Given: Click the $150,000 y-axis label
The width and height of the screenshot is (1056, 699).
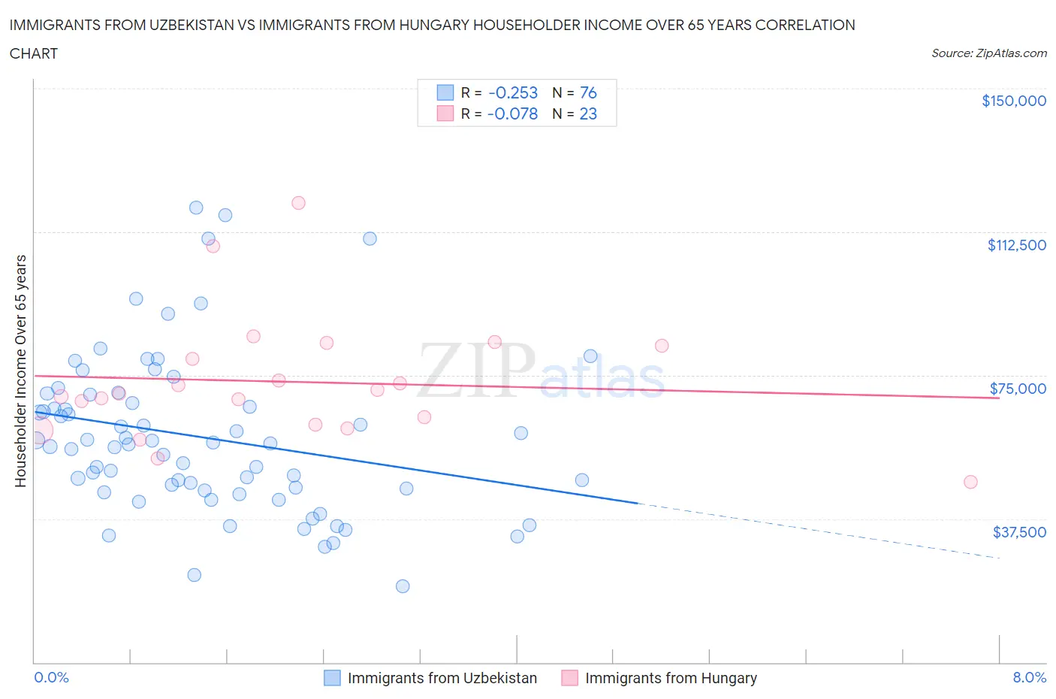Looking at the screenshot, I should click(x=1013, y=101).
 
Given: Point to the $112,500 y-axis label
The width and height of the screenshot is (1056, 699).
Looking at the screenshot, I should click(x=1016, y=245).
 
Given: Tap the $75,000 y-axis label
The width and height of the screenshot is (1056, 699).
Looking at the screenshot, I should click(x=1018, y=389).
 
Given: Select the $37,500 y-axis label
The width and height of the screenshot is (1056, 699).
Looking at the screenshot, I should click(x=1019, y=532).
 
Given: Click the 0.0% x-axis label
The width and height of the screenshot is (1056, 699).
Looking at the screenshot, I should click(x=51, y=677).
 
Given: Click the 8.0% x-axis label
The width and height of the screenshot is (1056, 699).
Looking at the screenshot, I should click(x=1029, y=677).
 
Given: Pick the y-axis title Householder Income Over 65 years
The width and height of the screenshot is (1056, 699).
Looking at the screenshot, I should click(x=21, y=371).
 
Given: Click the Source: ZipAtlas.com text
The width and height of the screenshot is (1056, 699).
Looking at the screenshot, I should click(x=988, y=53).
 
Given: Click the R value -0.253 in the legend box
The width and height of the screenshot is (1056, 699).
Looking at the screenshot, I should click(x=513, y=92).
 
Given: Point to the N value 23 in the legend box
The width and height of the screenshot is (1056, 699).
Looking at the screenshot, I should click(x=588, y=113).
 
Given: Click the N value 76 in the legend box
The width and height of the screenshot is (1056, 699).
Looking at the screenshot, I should click(x=588, y=92).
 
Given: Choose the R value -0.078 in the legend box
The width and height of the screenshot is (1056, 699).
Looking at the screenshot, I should click(x=513, y=113).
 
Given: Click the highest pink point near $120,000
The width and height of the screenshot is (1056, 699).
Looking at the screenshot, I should click(x=298, y=203).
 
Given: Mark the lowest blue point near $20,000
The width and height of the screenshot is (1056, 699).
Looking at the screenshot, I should click(x=403, y=586).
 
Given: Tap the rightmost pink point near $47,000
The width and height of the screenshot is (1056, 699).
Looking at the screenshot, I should click(x=970, y=482).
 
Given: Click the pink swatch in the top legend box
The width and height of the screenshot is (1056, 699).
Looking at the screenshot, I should click(x=445, y=113).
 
